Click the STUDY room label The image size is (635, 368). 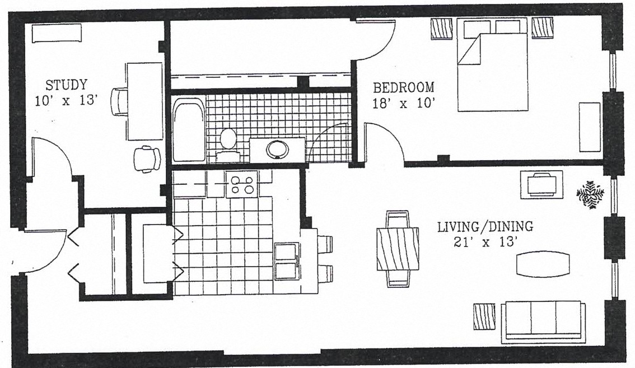pos(66,85)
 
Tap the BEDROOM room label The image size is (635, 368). pos(403,87)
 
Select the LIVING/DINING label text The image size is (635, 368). pos(485,226)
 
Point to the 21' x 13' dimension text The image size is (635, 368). pos(485,243)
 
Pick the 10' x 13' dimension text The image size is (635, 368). pos(66,100)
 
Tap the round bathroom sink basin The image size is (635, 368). pos(277,149)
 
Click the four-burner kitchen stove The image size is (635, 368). pos(242,184)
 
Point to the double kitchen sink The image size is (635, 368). pos(287,262)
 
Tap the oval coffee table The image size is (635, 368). pos(544,264)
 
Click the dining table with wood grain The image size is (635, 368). pos(398,249)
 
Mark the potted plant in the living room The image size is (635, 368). pos(590,194)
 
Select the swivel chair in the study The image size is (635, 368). pos(147,159)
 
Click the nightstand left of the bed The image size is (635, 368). pos(441,29)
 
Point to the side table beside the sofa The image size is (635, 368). pos(484,316)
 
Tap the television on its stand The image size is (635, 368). pos(542,184)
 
